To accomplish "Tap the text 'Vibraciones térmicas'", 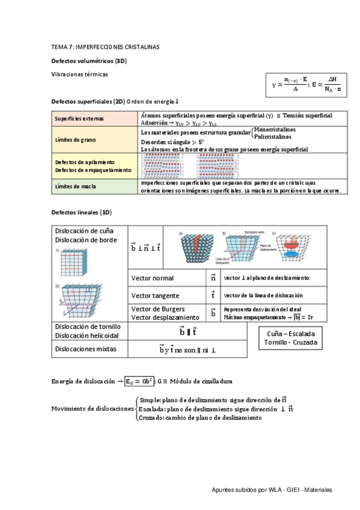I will (80, 74).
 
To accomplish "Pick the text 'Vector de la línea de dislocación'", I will (263, 296).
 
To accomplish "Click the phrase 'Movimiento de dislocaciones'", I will (93, 408).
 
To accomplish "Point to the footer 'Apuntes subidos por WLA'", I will (248, 490).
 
